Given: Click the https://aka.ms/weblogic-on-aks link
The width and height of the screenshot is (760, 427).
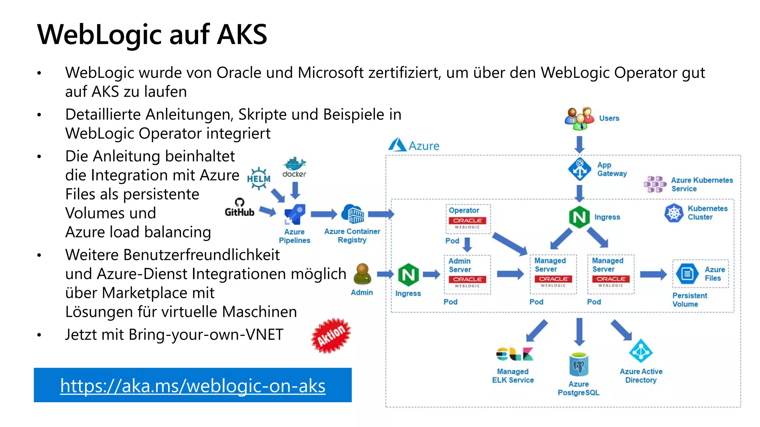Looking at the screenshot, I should (x=193, y=386).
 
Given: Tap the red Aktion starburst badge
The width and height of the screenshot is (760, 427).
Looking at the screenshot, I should (x=331, y=335).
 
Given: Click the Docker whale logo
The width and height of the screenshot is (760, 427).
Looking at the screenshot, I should (x=295, y=164).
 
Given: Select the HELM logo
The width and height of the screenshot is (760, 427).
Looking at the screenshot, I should (x=259, y=178).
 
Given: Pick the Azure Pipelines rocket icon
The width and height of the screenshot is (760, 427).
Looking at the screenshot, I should (x=295, y=214).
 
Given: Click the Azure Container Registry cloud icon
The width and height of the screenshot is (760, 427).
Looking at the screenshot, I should (x=353, y=214).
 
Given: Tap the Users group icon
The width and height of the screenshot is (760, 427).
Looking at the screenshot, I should (x=579, y=118).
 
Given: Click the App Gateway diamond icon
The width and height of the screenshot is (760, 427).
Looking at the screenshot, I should (x=579, y=169).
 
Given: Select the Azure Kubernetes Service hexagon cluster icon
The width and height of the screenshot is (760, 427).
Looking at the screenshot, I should (x=655, y=184).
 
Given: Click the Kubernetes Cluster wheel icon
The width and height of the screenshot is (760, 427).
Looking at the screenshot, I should (x=674, y=213).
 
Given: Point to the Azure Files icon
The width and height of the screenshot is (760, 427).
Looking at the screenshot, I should (x=687, y=274).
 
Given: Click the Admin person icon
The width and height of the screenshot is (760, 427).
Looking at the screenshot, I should (x=362, y=274).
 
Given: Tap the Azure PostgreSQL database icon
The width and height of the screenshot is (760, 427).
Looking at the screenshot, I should (x=579, y=365).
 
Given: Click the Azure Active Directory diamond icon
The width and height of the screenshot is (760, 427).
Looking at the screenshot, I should (x=641, y=351).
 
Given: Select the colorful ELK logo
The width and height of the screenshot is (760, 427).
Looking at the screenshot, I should (x=514, y=354).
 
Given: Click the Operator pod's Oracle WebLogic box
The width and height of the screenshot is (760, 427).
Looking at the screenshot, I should (x=468, y=223).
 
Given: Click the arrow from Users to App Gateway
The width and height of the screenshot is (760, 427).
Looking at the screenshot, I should (x=579, y=144).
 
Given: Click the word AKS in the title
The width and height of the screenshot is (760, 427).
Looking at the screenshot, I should (x=242, y=34).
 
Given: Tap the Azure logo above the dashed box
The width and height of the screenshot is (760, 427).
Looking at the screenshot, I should (x=397, y=145).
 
